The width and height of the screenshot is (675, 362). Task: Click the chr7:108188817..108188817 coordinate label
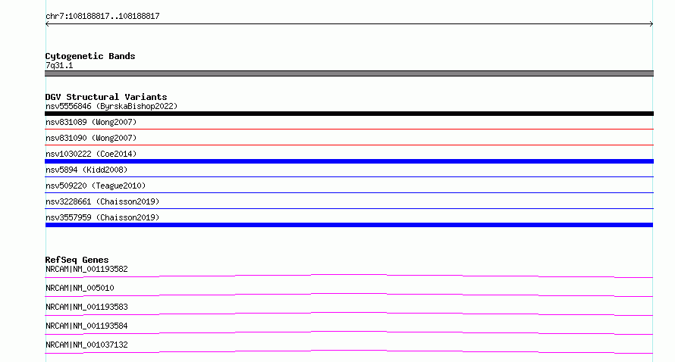(x=102, y=17)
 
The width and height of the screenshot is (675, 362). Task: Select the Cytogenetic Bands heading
(x=90, y=56)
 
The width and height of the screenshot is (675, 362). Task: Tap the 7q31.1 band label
(x=59, y=66)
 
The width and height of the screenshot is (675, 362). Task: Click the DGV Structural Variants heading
(x=106, y=97)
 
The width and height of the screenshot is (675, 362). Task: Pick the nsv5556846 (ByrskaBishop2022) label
(x=111, y=106)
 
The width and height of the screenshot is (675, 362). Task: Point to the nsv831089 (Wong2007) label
(x=91, y=122)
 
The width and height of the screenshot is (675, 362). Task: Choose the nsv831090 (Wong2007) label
(x=91, y=138)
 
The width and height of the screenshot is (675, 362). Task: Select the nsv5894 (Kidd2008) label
(x=86, y=170)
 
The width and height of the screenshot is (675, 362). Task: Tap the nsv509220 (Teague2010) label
(x=96, y=186)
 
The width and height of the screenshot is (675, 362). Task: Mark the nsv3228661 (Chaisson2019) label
(x=102, y=201)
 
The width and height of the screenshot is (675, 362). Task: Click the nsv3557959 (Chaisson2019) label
(x=102, y=217)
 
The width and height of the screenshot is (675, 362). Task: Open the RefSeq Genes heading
(x=77, y=260)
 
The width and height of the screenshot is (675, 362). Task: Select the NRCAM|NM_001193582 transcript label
(x=86, y=269)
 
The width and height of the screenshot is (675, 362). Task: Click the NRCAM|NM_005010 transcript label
(x=80, y=288)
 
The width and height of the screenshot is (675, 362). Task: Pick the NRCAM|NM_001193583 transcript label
(x=86, y=307)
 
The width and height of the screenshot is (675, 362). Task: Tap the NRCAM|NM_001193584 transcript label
(x=86, y=326)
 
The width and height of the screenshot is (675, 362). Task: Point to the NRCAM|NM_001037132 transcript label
(x=86, y=345)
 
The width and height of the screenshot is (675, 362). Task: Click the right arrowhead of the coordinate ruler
(x=652, y=24)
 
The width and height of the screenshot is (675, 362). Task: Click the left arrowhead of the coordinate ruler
(x=46, y=24)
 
